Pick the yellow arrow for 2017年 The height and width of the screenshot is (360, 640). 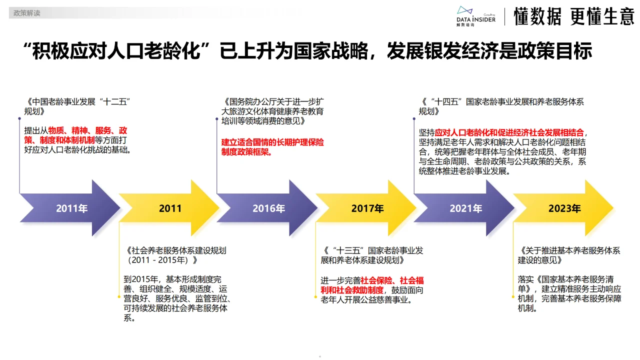(x=367, y=208)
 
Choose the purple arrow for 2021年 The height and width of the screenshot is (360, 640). (x=465, y=208)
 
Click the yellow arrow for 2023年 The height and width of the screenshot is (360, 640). (x=564, y=208)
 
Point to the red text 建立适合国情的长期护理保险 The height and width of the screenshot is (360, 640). (x=273, y=142)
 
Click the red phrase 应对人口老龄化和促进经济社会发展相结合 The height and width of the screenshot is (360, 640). (x=509, y=132)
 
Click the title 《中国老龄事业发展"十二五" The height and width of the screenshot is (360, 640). (x=77, y=101)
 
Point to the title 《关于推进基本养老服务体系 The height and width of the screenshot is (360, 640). (x=569, y=250)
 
